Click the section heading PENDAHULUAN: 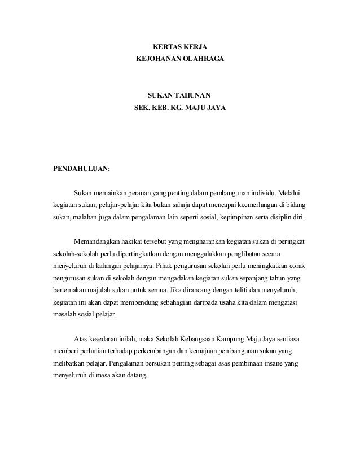pos(81,168)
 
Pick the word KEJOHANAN pos(155,58)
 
